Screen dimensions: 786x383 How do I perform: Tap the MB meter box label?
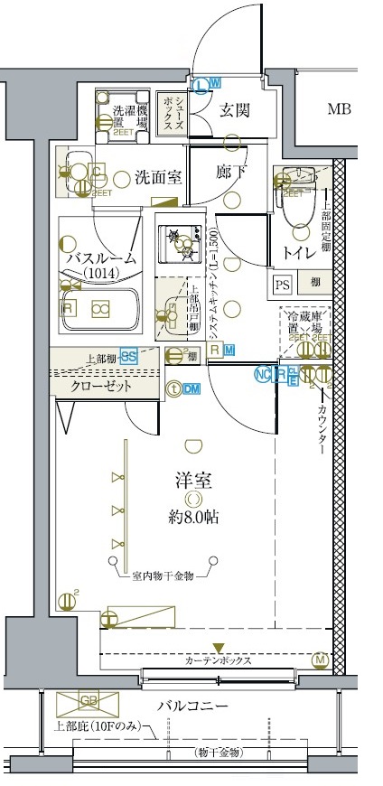[x=339, y=110]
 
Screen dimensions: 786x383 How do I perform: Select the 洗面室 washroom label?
[x=158, y=177]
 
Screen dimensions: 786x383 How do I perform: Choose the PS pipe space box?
[x=282, y=284]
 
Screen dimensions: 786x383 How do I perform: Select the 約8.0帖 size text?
[x=191, y=518]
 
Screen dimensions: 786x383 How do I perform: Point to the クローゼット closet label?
[x=102, y=386]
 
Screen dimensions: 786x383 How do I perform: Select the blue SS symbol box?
[x=129, y=357]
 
